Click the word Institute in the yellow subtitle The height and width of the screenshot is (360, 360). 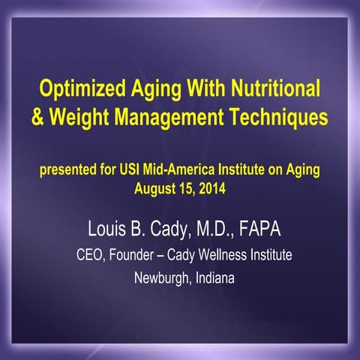pos(259,169)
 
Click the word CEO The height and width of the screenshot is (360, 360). pos(91,255)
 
